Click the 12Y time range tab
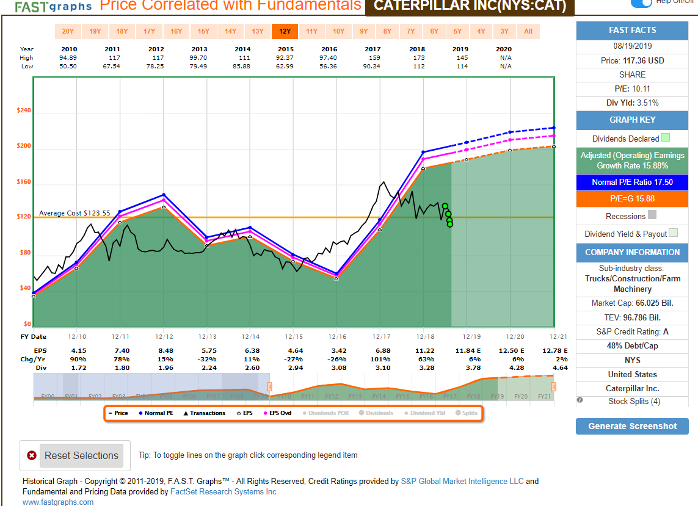(285, 31)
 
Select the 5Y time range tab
(457, 31)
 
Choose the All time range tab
(528, 31)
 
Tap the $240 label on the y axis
(24, 111)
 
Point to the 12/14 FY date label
(250, 337)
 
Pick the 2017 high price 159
(373, 58)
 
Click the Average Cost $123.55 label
(75, 213)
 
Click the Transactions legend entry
(204, 413)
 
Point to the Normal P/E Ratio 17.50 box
(632, 183)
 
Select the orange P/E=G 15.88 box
(632, 199)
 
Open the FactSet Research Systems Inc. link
(224, 491)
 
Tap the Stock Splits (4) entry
(634, 401)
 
